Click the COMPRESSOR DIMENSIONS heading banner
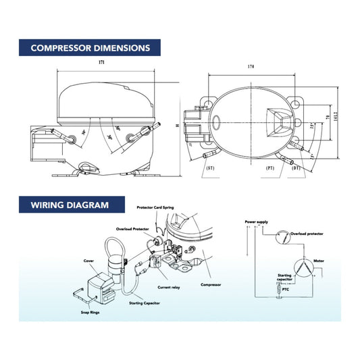click(x=90, y=48)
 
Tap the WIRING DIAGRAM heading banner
click(x=68, y=205)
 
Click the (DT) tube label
click(x=296, y=167)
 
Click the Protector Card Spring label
click(x=155, y=207)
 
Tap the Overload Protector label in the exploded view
click(x=132, y=228)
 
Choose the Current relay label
click(x=169, y=287)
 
